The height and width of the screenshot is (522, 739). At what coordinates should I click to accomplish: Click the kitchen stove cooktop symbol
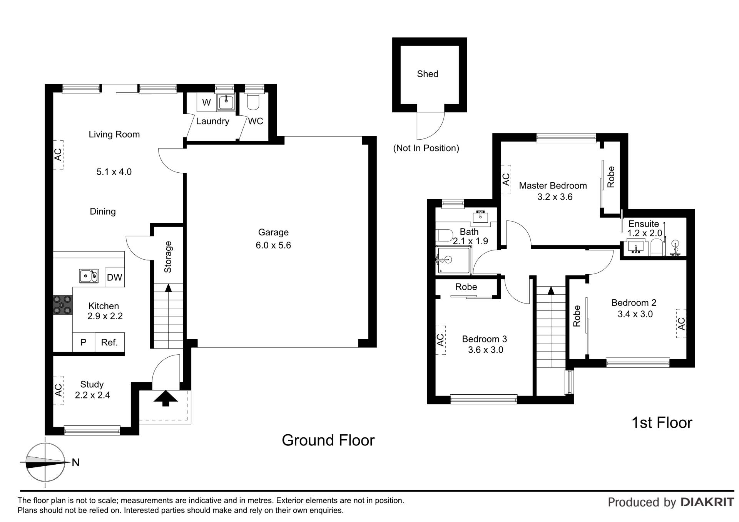coord(62,305)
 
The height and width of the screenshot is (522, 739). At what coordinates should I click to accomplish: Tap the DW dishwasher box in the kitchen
coord(114,277)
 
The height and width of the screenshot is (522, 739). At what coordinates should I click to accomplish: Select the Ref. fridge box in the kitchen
coord(109,342)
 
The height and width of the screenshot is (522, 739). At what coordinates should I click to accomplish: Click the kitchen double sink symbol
coord(89,276)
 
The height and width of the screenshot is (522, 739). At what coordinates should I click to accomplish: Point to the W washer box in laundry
coord(206,102)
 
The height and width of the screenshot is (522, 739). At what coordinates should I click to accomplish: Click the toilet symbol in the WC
coord(253,102)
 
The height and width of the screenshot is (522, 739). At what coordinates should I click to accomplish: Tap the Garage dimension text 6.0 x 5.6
coord(273,245)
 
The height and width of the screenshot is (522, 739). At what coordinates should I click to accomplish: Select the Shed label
coord(427,74)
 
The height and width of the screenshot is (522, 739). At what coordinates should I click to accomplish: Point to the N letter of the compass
coord(76,463)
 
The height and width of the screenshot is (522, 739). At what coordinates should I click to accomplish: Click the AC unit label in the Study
coord(58,390)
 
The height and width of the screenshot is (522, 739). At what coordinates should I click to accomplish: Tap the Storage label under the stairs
coord(168,257)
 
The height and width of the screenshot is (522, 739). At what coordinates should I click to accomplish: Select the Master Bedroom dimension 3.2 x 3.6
coord(555,197)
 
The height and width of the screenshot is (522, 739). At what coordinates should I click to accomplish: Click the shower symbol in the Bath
coord(453,260)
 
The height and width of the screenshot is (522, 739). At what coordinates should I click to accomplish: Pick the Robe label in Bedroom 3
coord(466,287)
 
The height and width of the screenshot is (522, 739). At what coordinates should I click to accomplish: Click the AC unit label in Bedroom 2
coord(681,324)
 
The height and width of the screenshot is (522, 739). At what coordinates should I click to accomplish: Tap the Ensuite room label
coord(643,224)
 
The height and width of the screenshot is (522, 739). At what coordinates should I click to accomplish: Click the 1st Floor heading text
coord(662,423)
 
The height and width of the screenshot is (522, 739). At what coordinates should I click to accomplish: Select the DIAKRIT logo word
coord(707,502)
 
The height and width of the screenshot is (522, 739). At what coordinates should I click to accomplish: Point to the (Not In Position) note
coord(426,148)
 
